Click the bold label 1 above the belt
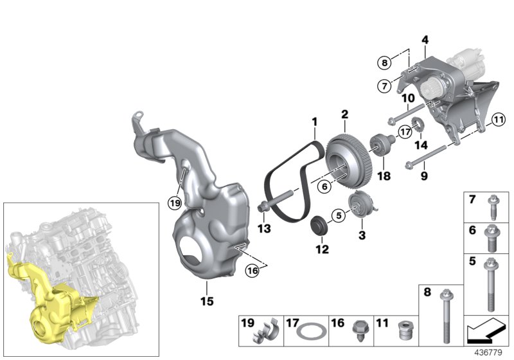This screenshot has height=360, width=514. (315, 121)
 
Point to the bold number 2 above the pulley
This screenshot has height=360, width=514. (344, 114)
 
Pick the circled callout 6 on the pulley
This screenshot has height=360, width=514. (325, 186)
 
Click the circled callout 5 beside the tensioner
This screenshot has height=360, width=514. (335, 215)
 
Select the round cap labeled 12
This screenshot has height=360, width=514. (318, 228)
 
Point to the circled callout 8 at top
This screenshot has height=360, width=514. (384, 62)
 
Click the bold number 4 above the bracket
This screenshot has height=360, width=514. (424, 40)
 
